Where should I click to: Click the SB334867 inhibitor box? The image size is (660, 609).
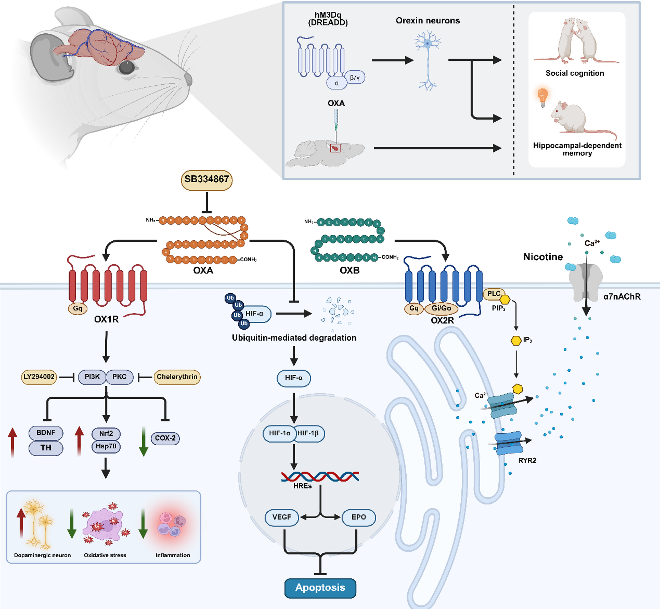point(207,179)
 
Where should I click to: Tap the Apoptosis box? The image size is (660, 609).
point(320,587)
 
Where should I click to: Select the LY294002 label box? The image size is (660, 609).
point(39,377)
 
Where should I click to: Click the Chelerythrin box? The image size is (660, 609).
point(177,377)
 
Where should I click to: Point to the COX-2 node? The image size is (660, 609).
point(165,438)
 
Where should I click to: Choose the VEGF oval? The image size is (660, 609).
point(282,517)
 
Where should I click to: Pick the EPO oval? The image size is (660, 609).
point(359,517)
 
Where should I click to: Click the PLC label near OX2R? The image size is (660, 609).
point(494,294)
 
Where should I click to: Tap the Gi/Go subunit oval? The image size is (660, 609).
point(441,308)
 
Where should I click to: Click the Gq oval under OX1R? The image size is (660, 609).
point(78,309)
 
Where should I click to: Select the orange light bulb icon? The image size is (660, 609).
point(543,97)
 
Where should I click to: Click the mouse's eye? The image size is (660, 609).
point(126,67)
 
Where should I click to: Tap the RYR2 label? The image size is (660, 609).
point(527,460)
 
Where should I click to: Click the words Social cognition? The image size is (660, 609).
point(575,73)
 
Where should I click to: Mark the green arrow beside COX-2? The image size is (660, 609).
point(144,441)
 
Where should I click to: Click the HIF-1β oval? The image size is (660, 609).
point(308,433)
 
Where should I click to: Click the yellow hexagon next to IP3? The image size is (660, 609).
point(516,340)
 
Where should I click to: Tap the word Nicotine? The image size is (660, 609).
point(543,257)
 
